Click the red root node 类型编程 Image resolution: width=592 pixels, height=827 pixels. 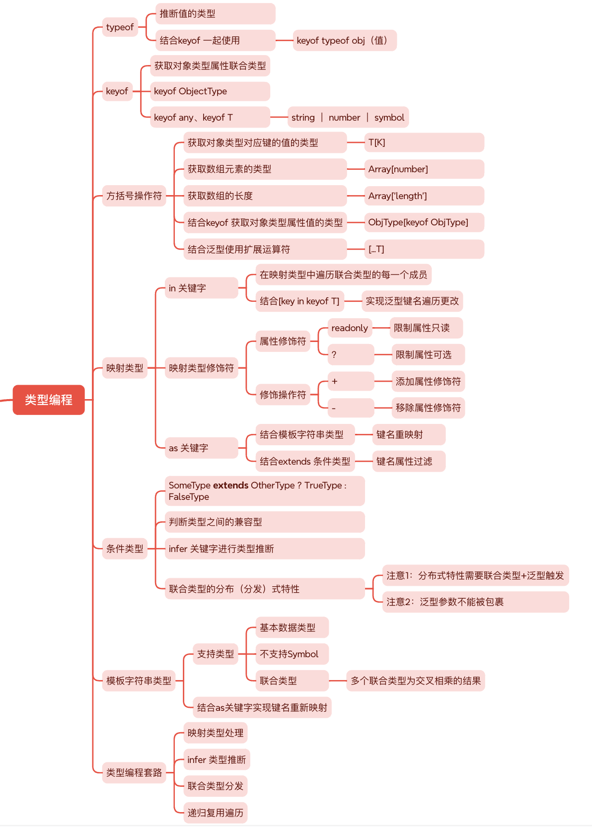[49, 400]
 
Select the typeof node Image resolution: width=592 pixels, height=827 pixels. [120, 27]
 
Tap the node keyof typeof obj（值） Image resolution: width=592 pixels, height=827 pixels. [344, 41]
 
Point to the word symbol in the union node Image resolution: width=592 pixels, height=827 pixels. [389, 118]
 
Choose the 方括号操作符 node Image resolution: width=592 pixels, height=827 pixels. [134, 196]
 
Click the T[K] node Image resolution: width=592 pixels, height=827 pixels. [424, 143]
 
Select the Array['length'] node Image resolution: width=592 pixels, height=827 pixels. [424, 196]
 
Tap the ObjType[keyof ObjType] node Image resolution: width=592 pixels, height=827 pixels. [424, 222]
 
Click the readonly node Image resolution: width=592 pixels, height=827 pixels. [350, 328]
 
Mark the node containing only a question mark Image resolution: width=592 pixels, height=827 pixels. [350, 355]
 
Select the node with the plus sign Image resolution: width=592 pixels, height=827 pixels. [350, 382]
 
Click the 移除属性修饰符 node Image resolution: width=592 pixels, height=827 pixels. [428, 408]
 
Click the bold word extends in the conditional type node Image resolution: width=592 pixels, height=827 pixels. [230, 485]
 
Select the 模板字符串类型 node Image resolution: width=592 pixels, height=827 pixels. [139, 681]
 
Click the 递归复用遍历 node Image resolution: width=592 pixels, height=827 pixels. [216, 813]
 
